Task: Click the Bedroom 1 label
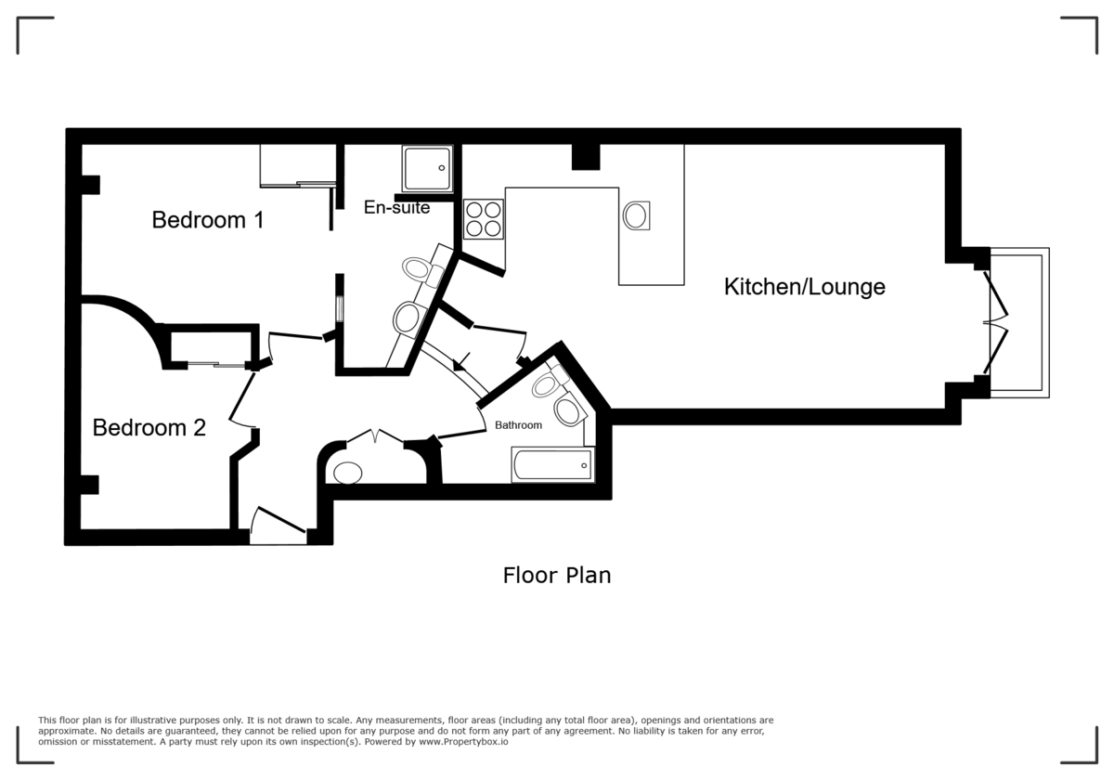click(x=208, y=220)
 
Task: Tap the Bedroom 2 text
click(x=149, y=428)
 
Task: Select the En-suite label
click(x=396, y=208)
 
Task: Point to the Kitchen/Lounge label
click(x=804, y=287)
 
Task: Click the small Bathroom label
click(x=517, y=425)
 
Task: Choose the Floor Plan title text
click(x=557, y=576)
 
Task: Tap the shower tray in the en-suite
click(x=427, y=168)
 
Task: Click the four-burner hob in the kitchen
click(x=483, y=219)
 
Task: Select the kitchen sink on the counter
click(x=637, y=215)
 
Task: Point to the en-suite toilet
click(x=421, y=267)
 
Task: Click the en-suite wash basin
click(x=408, y=318)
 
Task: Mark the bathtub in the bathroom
click(x=552, y=464)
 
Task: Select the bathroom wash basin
click(x=567, y=411)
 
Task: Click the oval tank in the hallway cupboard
click(x=347, y=473)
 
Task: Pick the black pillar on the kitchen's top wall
click(x=585, y=156)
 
